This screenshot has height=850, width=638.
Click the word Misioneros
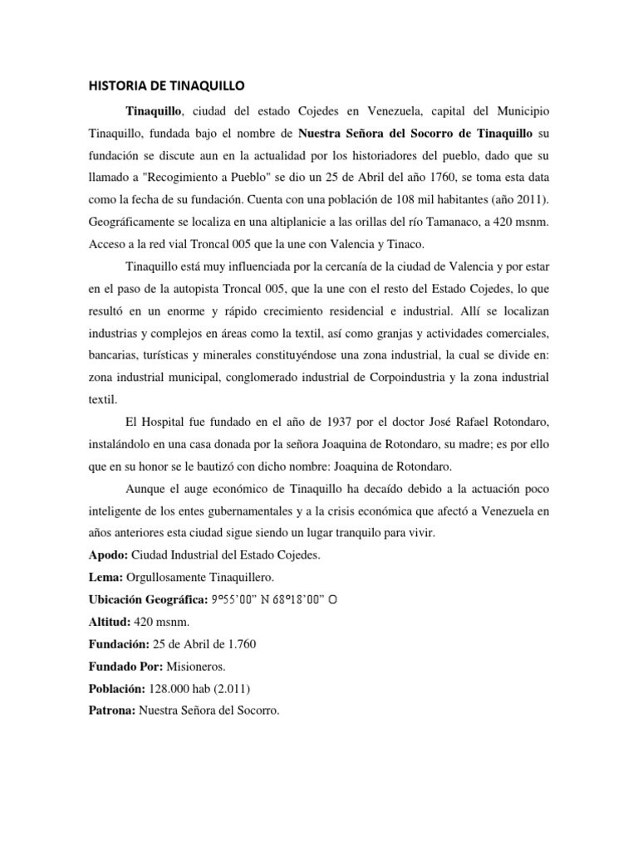click(194, 667)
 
